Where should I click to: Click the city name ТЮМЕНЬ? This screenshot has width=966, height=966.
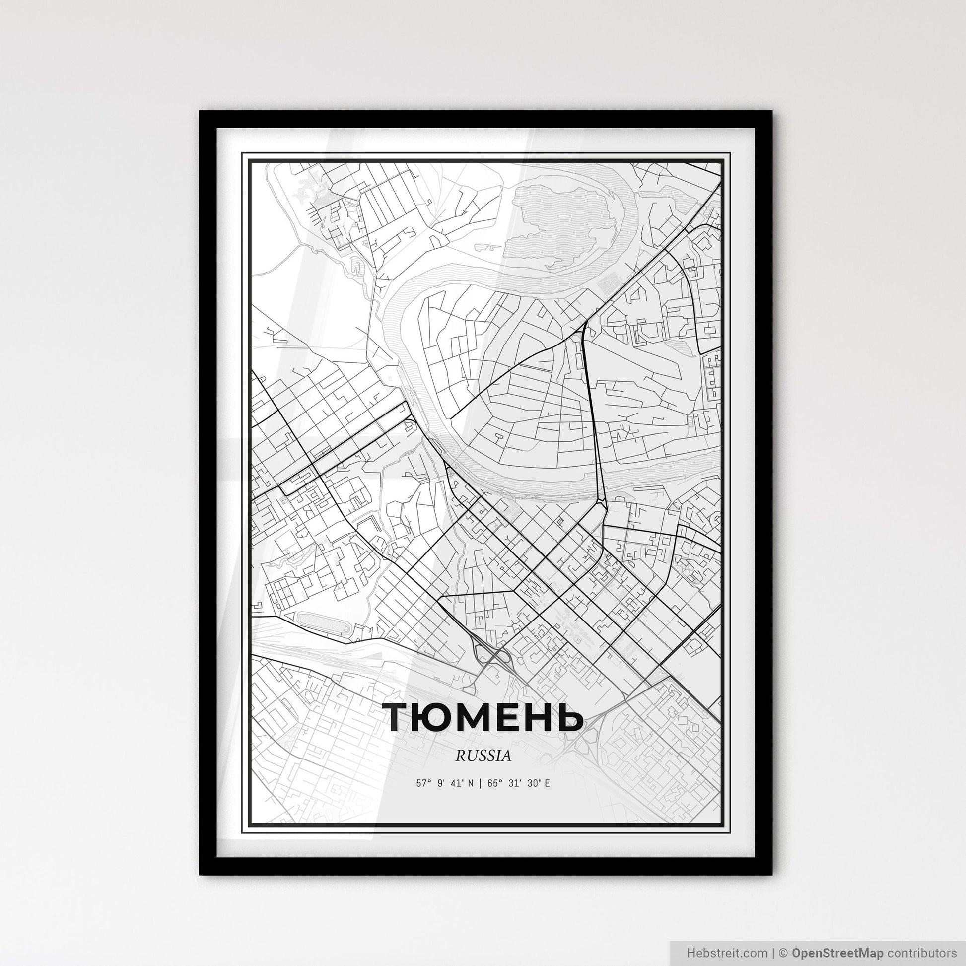click(x=483, y=717)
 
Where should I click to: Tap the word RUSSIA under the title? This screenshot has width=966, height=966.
click(x=483, y=756)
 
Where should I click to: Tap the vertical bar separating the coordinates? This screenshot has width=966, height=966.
click(x=481, y=783)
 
